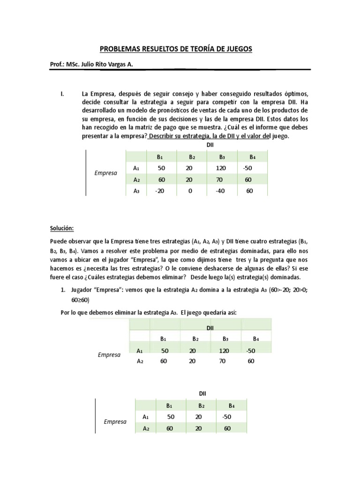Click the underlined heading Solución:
[62, 228]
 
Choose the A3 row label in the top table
[136, 191]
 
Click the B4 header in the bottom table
[231, 405]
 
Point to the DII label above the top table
[210, 146]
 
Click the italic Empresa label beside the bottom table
[115, 421]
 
